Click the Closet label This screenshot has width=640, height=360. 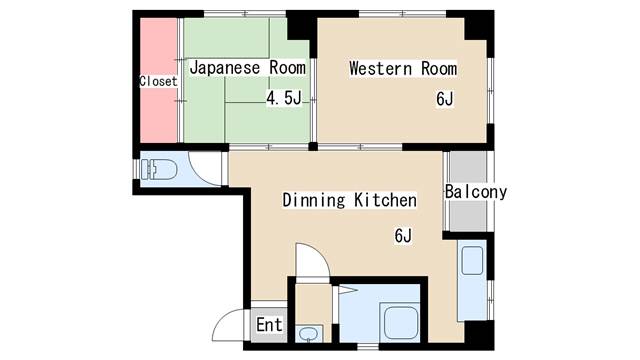[158, 81]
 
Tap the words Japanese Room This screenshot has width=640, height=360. [248, 68]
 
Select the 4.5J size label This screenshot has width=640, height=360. [284, 98]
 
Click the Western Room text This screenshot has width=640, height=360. [403, 69]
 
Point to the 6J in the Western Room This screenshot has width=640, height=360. [444, 99]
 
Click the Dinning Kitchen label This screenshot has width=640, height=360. [350, 200]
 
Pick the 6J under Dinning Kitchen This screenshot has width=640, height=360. [403, 236]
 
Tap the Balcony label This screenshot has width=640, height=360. [476, 192]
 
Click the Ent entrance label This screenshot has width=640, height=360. [269, 325]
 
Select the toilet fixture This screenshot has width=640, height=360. [159, 169]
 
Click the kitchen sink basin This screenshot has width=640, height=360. [472, 261]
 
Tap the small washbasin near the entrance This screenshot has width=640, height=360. [308, 334]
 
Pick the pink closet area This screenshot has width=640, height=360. [158, 80]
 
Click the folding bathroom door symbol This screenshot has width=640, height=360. [347, 291]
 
